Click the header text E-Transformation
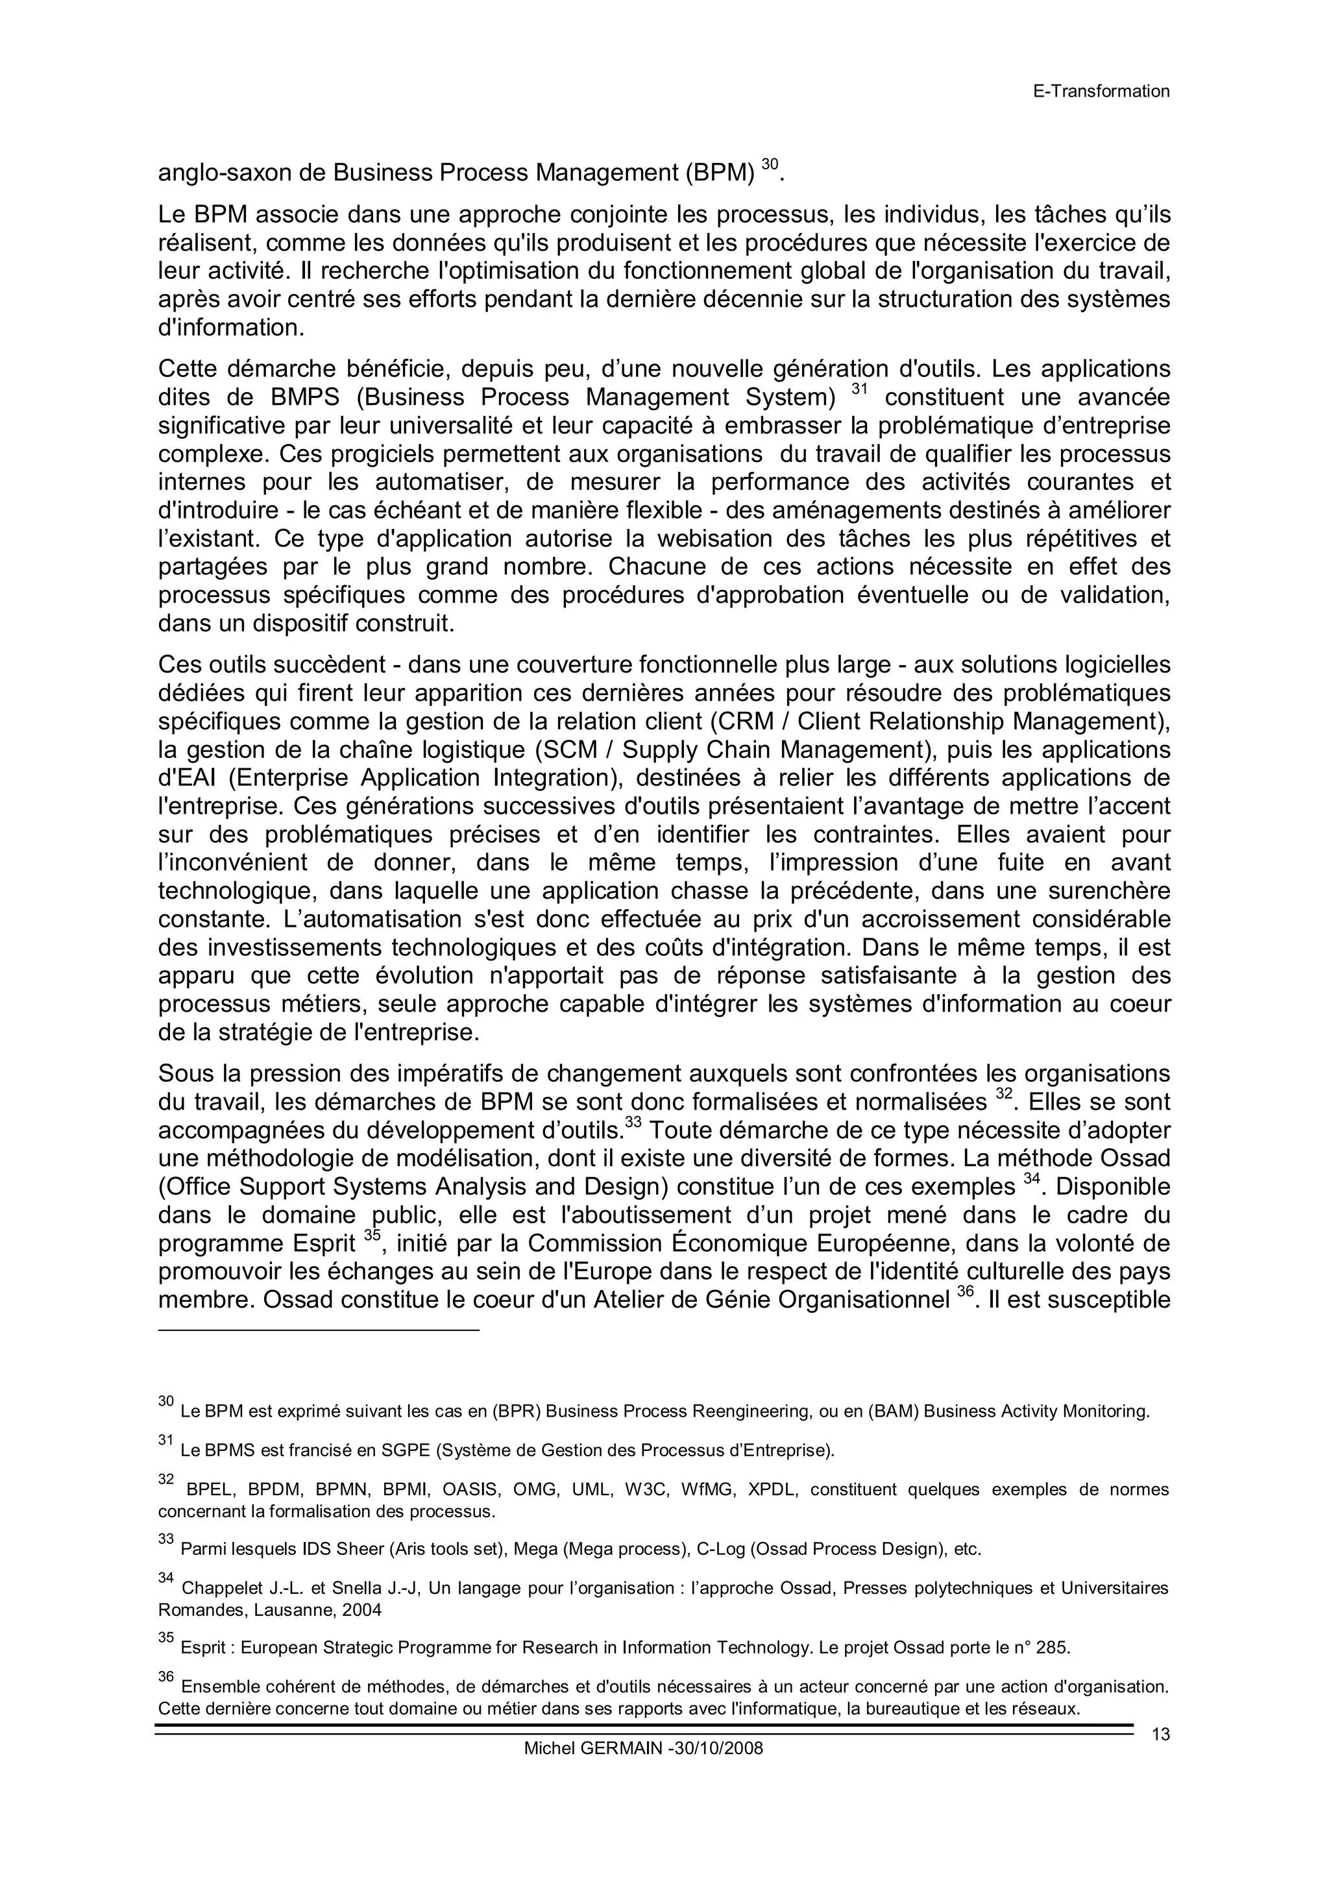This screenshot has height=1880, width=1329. [x=1101, y=91]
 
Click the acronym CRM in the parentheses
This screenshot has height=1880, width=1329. [x=744, y=722]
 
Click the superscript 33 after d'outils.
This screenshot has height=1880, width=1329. [x=633, y=1123]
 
